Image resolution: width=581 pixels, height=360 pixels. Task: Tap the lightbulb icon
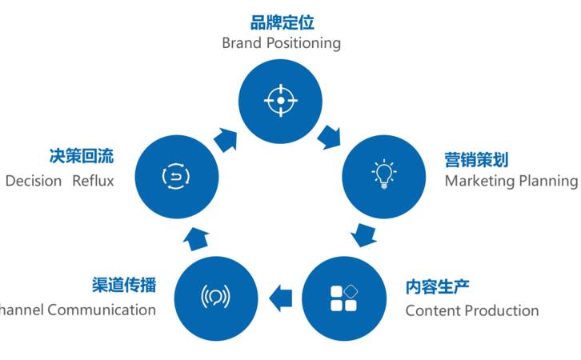(x=384, y=174)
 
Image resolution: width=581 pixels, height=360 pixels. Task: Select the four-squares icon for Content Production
(x=343, y=298)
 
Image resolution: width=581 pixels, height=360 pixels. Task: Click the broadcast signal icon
(x=215, y=297)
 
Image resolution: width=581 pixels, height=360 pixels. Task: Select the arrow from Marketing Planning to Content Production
(x=364, y=235)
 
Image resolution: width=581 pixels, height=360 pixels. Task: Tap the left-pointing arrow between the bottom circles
(x=280, y=298)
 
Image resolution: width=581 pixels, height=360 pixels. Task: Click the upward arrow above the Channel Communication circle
(x=196, y=236)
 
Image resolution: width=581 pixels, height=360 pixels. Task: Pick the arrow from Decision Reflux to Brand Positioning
(x=226, y=138)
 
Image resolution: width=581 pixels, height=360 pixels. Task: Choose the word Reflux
(x=93, y=181)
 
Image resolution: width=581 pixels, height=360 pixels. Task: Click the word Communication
(x=102, y=310)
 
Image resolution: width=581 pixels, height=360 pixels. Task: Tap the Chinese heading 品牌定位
(x=282, y=22)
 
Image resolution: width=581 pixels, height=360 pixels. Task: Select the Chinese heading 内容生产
(x=437, y=286)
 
